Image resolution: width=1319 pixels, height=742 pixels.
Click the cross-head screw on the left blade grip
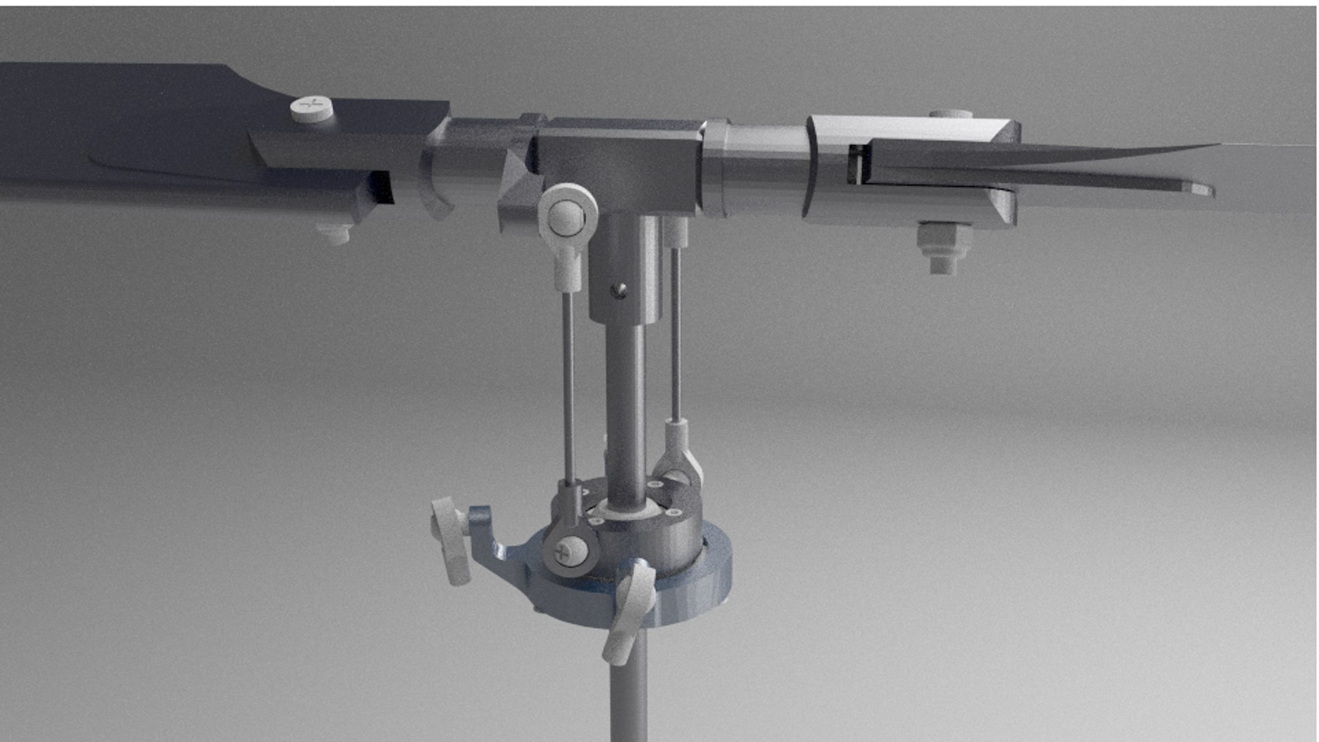coord(311,108)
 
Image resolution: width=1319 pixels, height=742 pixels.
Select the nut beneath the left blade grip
coord(335,233)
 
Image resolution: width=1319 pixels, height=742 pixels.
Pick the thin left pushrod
coord(568,385)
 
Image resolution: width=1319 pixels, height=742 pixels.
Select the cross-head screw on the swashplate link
coord(570,550)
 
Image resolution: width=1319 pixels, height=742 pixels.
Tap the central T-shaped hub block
coord(618,168)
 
